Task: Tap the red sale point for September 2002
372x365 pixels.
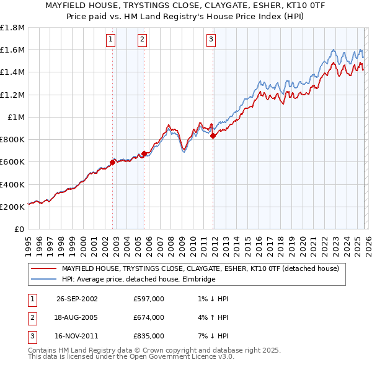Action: (113, 162)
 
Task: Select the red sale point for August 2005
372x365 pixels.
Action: (144, 153)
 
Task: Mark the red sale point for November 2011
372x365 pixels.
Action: (213, 135)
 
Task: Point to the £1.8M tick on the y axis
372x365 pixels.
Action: (12, 27)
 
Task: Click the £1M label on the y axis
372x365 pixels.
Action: (16, 117)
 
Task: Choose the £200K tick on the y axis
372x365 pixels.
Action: (12, 207)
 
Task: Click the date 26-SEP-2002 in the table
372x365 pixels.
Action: (77, 299)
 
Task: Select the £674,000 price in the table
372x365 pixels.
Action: (148, 317)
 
